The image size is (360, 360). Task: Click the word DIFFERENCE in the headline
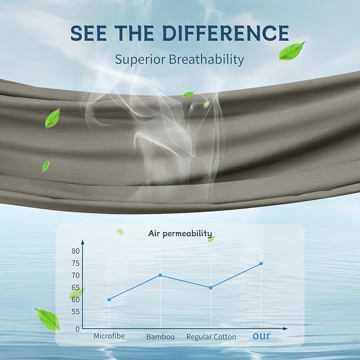(226, 33)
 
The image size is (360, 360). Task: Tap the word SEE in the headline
(89, 33)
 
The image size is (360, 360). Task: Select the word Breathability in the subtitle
(206, 59)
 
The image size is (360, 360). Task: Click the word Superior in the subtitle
(140, 60)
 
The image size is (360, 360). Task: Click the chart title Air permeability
(180, 233)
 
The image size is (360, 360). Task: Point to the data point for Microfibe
(109, 300)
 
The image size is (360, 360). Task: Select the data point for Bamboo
(160, 275)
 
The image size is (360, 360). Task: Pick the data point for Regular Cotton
(210, 288)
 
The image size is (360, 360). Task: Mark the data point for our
(261, 264)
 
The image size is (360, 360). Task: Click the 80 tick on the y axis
(75, 251)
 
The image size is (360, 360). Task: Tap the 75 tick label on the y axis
(75, 264)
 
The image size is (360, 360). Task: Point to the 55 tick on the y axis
(75, 312)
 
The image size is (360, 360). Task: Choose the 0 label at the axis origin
(77, 329)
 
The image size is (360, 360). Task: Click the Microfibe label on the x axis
(109, 336)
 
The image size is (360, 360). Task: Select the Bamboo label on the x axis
(161, 337)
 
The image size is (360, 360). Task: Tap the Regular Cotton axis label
(211, 337)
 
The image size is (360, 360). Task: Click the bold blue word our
(261, 336)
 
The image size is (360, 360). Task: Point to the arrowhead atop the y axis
(83, 242)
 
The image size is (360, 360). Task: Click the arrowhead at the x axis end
(285, 329)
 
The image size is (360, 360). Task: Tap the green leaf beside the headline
(292, 51)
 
